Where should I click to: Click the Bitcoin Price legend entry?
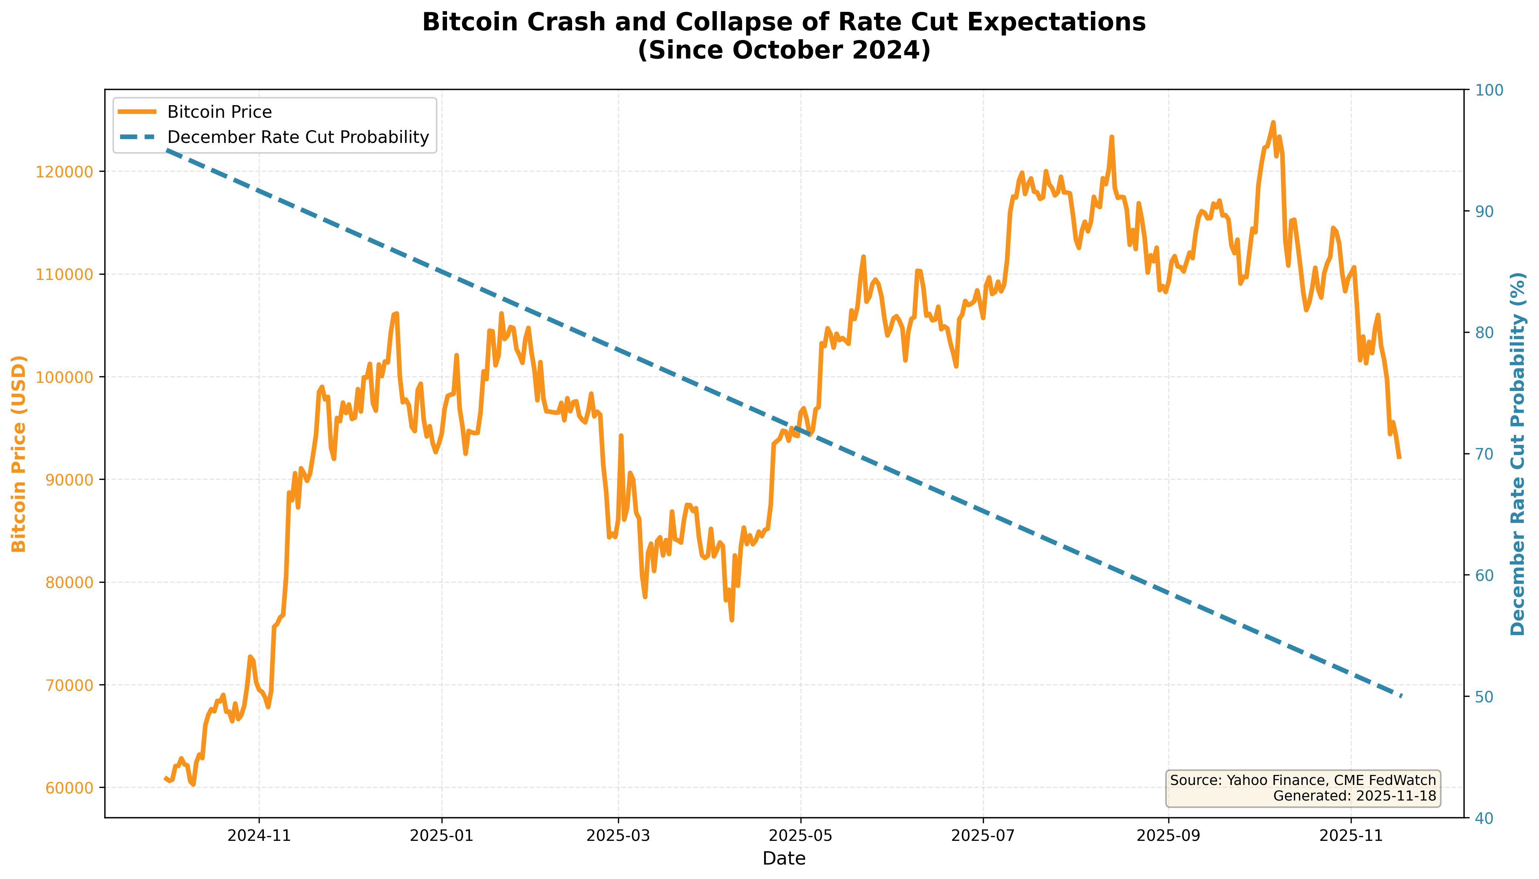pyautogui.click(x=219, y=112)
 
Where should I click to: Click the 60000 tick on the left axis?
pyautogui.click(x=69, y=788)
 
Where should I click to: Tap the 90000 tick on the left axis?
pyautogui.click(x=69, y=480)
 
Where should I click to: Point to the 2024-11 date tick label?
pyautogui.click(x=259, y=836)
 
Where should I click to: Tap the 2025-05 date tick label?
pyautogui.click(x=800, y=836)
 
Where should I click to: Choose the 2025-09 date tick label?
pyautogui.click(x=1169, y=836)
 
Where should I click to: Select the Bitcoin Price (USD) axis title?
pyautogui.click(x=19, y=454)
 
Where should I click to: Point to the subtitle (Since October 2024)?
pyautogui.click(x=784, y=50)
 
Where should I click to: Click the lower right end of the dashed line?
pyautogui.click(x=1401, y=696)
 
